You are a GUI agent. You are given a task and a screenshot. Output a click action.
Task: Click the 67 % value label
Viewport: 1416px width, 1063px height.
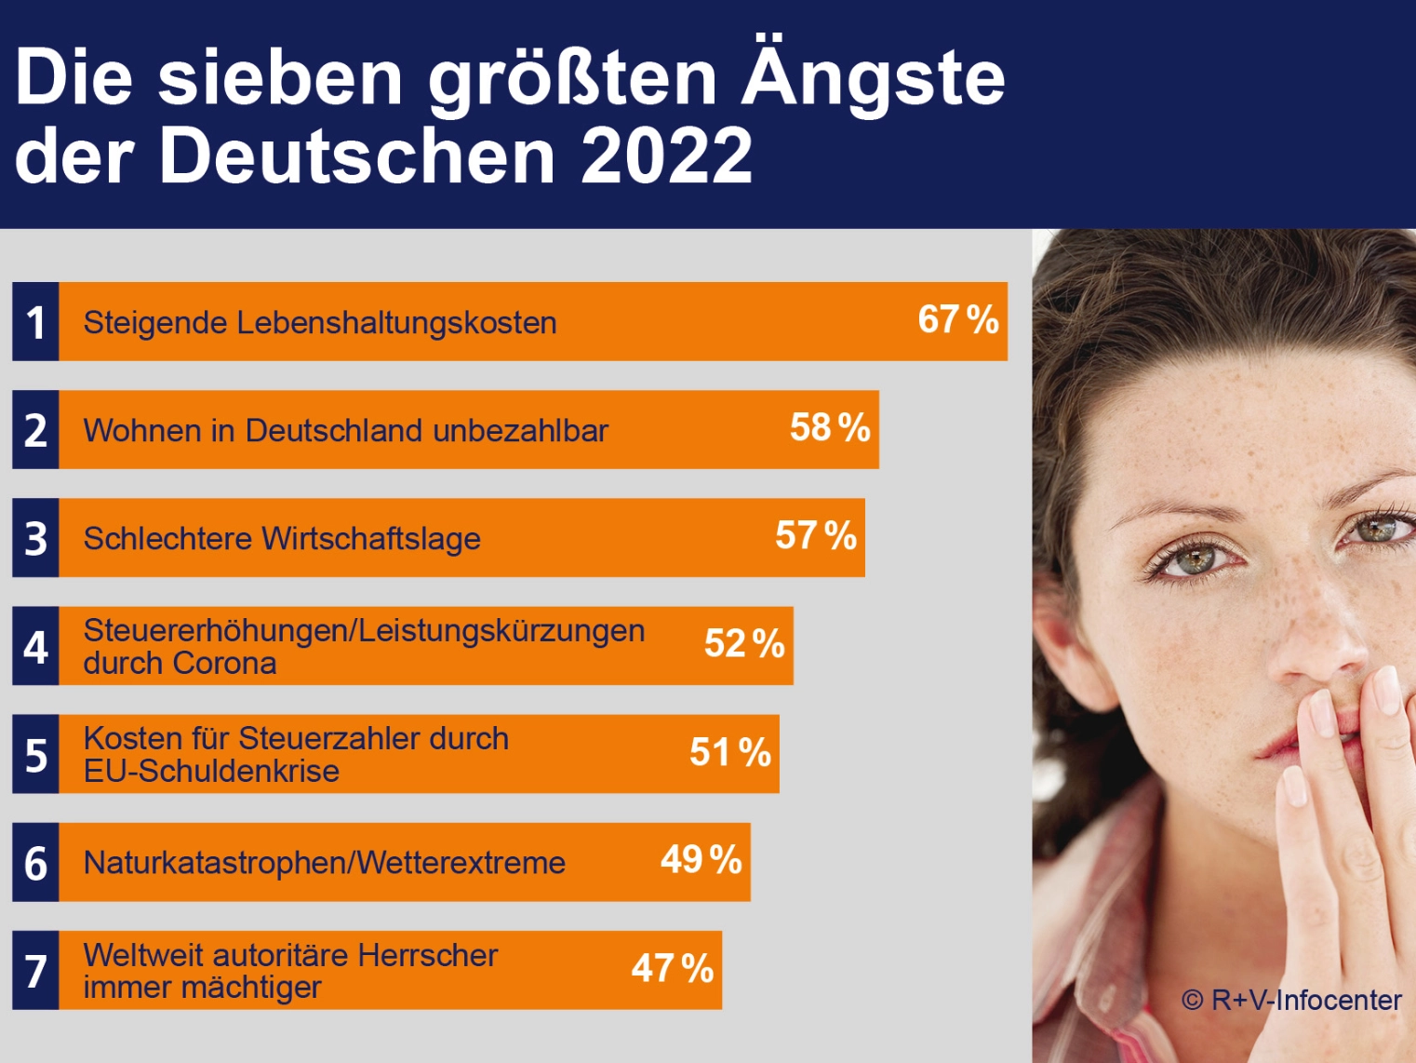tap(958, 319)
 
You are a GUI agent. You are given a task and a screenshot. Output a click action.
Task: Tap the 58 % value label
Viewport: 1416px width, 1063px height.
tap(830, 428)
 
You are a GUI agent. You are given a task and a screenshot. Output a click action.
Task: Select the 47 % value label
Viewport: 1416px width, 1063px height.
tap(673, 968)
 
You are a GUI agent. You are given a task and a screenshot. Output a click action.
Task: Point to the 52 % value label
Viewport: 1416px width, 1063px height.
tap(744, 643)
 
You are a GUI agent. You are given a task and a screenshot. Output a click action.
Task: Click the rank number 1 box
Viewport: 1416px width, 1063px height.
tap(35, 321)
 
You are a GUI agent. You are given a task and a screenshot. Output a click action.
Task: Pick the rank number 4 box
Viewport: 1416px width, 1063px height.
tap(35, 645)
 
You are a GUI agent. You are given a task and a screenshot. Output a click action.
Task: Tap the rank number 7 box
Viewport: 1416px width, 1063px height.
tap(35, 970)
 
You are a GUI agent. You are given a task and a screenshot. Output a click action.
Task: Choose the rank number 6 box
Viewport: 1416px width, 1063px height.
tap(35, 862)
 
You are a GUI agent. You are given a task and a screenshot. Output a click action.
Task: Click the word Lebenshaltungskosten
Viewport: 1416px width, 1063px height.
tap(396, 323)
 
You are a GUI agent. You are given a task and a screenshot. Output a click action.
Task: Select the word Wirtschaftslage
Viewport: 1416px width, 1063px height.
tap(372, 539)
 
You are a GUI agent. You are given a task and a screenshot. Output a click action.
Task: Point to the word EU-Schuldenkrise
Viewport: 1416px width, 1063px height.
tap(211, 772)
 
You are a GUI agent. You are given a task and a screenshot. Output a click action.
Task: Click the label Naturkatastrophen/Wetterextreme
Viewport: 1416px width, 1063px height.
tap(325, 863)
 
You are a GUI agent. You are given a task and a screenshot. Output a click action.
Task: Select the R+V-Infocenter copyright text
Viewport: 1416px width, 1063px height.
tap(1291, 1001)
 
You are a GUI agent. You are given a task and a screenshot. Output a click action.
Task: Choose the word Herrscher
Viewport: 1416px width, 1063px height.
tap(428, 956)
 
